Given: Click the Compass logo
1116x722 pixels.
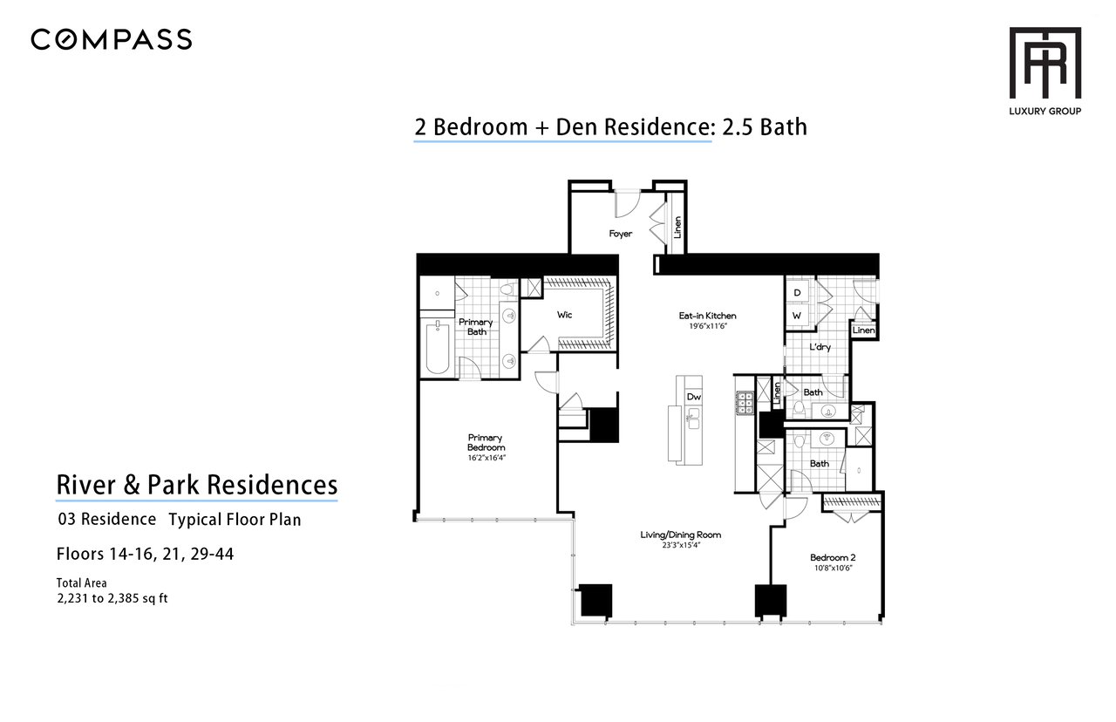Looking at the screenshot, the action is click(x=111, y=39).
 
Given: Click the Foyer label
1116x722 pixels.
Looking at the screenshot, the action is click(x=620, y=234).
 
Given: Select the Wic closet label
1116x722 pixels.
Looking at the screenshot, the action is click(x=564, y=315).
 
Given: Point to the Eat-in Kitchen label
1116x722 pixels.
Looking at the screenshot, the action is click(x=707, y=316).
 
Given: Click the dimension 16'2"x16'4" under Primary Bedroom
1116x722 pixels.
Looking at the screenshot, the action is click(x=487, y=458).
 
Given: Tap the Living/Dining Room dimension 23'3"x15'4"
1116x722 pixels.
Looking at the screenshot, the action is click(x=681, y=545).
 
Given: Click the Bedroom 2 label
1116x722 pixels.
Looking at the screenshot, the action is click(x=833, y=557).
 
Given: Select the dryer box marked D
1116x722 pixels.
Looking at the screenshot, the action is click(x=797, y=292).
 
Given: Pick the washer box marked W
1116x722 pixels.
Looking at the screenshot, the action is click(x=797, y=316).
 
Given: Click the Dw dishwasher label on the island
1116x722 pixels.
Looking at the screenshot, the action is click(x=693, y=397).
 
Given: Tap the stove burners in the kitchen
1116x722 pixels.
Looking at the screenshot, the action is click(x=745, y=403).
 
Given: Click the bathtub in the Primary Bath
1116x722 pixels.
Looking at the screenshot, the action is click(x=438, y=346).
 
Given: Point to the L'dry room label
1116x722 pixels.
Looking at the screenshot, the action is click(x=820, y=347).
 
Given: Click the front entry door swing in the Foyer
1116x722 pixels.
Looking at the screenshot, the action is click(x=627, y=205).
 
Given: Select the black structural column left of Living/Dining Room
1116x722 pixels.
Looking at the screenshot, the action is click(x=595, y=600).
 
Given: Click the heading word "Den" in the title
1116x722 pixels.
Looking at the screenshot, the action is click(x=577, y=127).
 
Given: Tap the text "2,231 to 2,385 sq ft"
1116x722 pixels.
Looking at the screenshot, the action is click(x=112, y=598).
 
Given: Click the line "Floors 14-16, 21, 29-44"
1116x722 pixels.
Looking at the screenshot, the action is click(x=145, y=554).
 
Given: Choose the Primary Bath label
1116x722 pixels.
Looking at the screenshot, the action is click(x=476, y=327).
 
